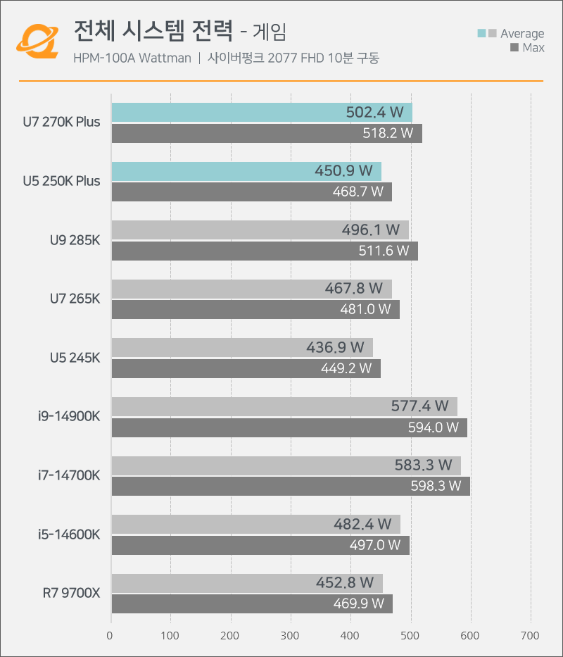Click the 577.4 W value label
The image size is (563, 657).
(x=419, y=406)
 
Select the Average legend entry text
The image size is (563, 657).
(x=522, y=34)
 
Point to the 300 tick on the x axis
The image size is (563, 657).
(x=231, y=636)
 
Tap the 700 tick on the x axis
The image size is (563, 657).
(x=530, y=636)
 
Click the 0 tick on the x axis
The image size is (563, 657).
(x=110, y=636)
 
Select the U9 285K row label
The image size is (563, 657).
(x=75, y=240)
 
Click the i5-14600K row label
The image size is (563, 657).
(x=69, y=534)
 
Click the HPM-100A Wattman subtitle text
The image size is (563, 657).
(x=132, y=58)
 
